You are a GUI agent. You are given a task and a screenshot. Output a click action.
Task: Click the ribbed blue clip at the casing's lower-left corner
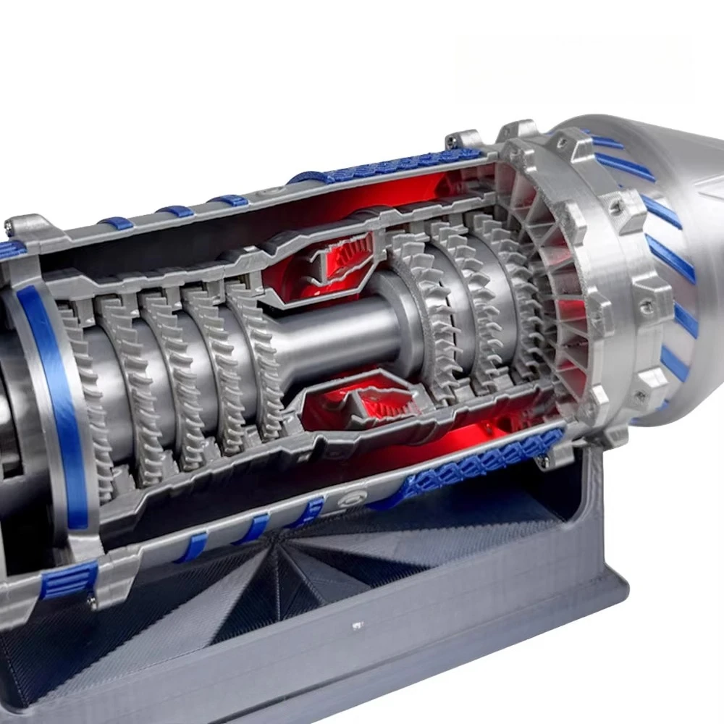point(69,579)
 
